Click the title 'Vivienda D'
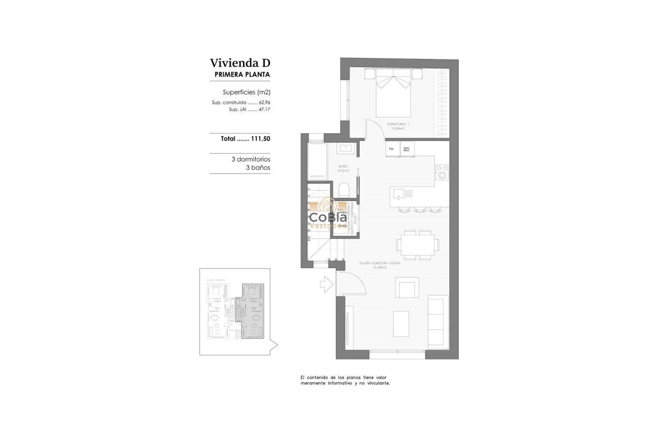click(240, 63)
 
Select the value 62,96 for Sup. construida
click(263, 102)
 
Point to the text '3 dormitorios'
click(250, 159)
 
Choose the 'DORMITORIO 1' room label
click(398, 124)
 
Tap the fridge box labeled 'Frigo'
click(392, 149)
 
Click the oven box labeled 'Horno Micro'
click(407, 149)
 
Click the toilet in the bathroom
click(344, 190)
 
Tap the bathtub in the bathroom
click(318, 161)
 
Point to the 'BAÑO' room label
click(343, 166)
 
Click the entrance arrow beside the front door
click(326, 284)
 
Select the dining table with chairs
click(417, 244)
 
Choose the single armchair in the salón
click(407, 288)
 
